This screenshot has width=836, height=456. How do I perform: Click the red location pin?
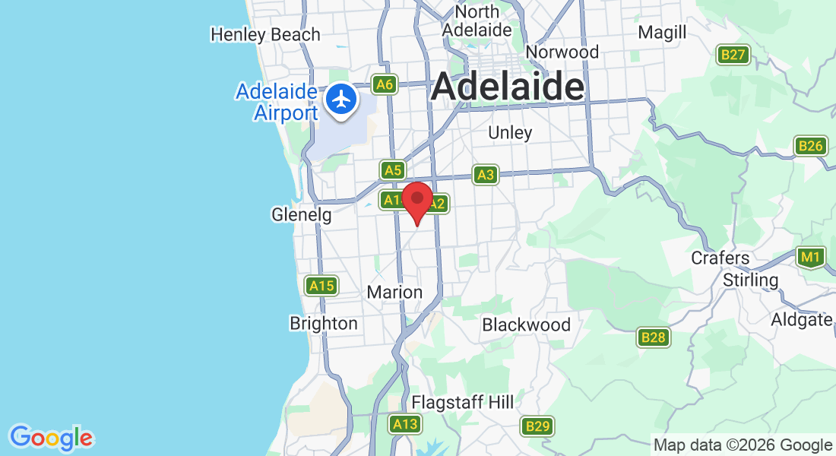click(x=417, y=200)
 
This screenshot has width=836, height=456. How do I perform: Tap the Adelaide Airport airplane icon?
click(x=342, y=99)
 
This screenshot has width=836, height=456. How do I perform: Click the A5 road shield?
click(x=392, y=170)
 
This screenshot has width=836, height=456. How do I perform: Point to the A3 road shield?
click(x=485, y=176)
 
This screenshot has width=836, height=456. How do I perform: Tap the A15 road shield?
click(x=321, y=286)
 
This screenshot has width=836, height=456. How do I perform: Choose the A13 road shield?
click(x=405, y=424)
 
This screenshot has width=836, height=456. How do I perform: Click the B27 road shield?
click(x=734, y=55)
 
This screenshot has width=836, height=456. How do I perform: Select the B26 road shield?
click(x=810, y=146)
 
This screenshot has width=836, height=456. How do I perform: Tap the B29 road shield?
click(x=537, y=426)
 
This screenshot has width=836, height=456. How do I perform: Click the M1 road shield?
click(x=811, y=258)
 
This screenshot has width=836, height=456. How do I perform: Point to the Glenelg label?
click(x=301, y=215)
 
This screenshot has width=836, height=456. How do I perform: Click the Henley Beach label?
click(x=265, y=34)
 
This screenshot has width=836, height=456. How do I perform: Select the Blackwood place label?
click(x=526, y=325)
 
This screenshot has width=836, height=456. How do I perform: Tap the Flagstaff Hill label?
click(x=462, y=402)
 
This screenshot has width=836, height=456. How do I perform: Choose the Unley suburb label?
click(x=510, y=132)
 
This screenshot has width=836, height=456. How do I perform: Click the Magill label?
click(x=662, y=32)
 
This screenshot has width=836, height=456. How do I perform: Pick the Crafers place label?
click(x=720, y=258)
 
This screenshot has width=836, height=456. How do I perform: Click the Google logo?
click(x=52, y=438)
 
